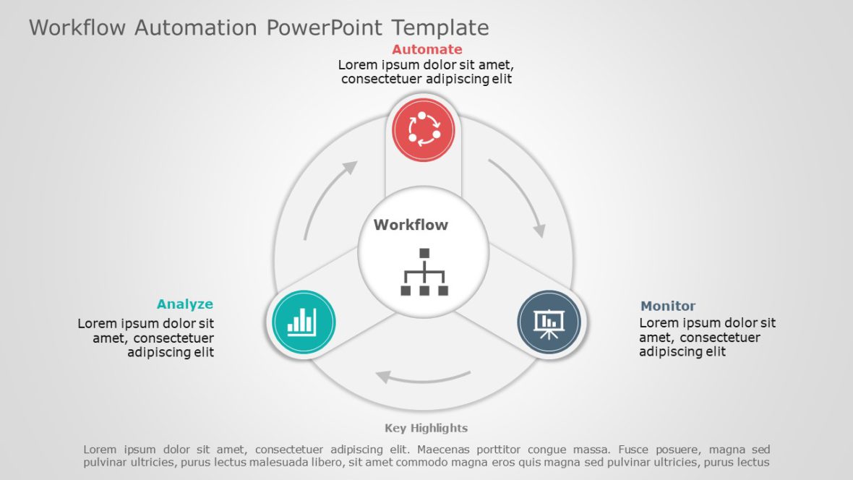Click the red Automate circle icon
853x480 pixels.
click(424, 130)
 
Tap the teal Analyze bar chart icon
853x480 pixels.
click(303, 322)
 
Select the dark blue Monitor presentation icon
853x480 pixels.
click(549, 322)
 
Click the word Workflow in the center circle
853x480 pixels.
click(411, 225)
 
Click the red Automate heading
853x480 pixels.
click(426, 49)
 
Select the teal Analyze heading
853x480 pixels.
click(185, 304)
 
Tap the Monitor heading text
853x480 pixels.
click(668, 306)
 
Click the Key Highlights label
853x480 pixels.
click(426, 428)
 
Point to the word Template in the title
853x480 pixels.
click(440, 27)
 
